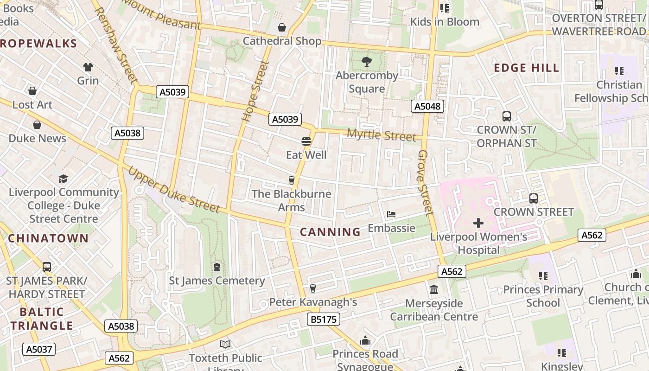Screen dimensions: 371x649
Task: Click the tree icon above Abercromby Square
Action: click(x=366, y=61)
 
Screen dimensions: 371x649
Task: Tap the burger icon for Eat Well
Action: click(x=306, y=141)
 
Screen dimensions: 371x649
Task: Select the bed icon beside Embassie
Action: click(x=391, y=214)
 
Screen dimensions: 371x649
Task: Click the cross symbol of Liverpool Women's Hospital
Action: click(x=478, y=223)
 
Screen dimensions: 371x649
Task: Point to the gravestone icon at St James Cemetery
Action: click(x=216, y=267)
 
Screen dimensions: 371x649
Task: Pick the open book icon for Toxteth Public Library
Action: click(x=225, y=344)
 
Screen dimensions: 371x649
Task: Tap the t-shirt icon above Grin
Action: click(x=88, y=67)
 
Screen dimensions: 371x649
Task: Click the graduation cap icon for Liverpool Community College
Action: click(x=63, y=179)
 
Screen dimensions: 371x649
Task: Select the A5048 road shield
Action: click(x=427, y=106)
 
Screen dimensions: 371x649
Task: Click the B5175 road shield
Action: click(x=323, y=319)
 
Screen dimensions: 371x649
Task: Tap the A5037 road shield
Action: click(x=39, y=349)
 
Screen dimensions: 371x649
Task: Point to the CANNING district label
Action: click(x=330, y=232)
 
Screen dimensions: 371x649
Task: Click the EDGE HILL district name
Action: click(x=527, y=68)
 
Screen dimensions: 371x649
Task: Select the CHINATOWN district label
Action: click(x=48, y=238)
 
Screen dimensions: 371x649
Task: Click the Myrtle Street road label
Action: click(x=382, y=135)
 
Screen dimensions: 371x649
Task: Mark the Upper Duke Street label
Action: click(x=173, y=190)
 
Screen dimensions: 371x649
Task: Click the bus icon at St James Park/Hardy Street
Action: click(x=46, y=267)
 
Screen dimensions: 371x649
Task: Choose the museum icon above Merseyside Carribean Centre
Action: click(x=434, y=289)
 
